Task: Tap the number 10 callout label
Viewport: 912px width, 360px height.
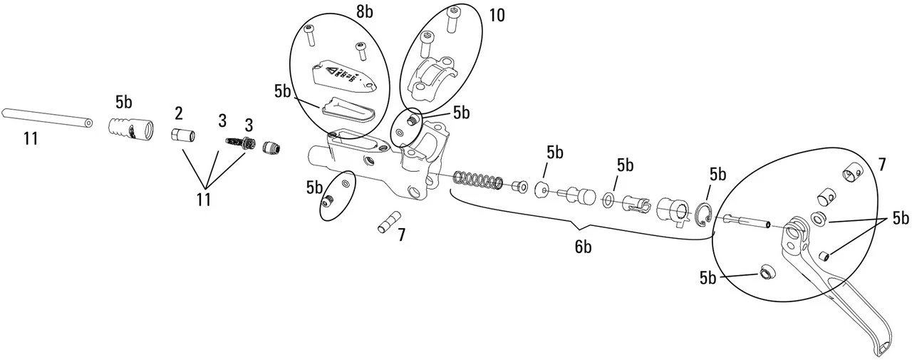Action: tap(497, 15)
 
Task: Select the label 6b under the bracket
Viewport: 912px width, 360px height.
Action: tap(584, 247)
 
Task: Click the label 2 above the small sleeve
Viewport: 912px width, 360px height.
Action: tap(178, 113)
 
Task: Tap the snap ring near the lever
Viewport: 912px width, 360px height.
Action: tap(704, 215)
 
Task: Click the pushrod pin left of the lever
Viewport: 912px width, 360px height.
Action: tap(747, 221)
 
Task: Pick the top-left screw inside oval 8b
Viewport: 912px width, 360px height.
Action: tap(309, 31)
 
